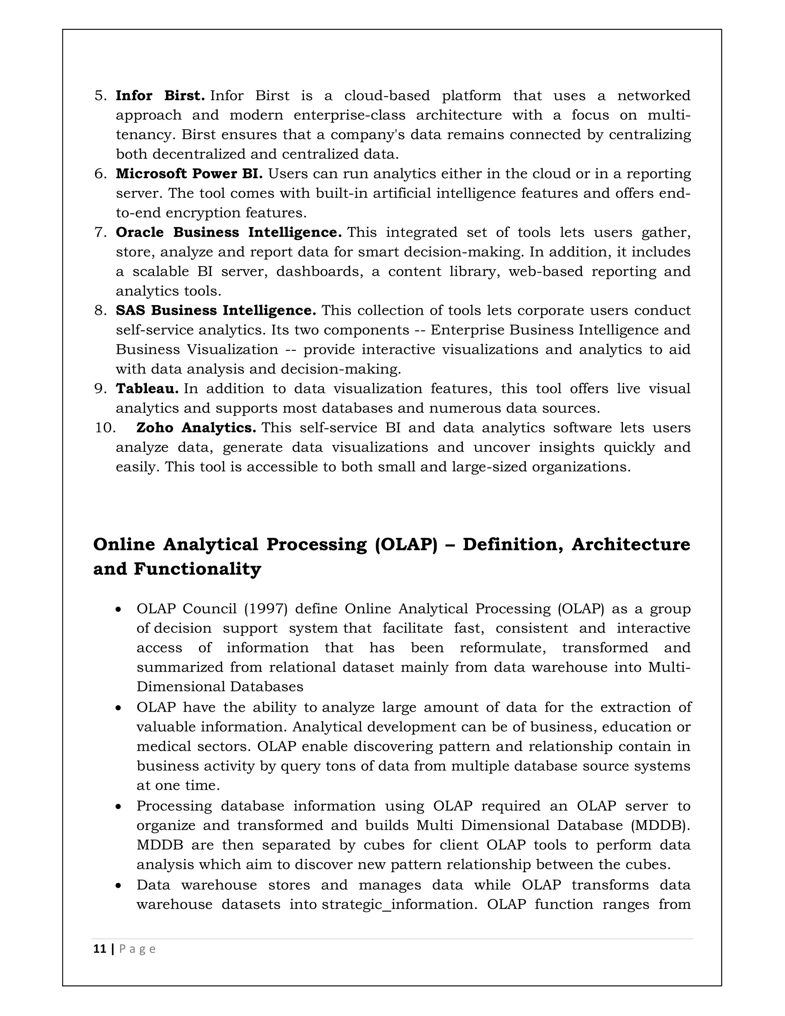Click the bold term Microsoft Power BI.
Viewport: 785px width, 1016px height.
[189, 174]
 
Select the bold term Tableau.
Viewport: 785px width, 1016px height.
[147, 388]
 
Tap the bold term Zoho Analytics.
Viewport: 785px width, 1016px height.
[196, 427]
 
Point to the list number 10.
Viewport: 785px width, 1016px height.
[105, 427]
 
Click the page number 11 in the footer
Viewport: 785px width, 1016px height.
[100, 949]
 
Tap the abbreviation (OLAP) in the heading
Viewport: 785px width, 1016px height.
[406, 544]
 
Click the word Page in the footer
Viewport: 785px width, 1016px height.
[137, 949]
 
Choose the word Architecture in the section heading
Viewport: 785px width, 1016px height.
[631, 544]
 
